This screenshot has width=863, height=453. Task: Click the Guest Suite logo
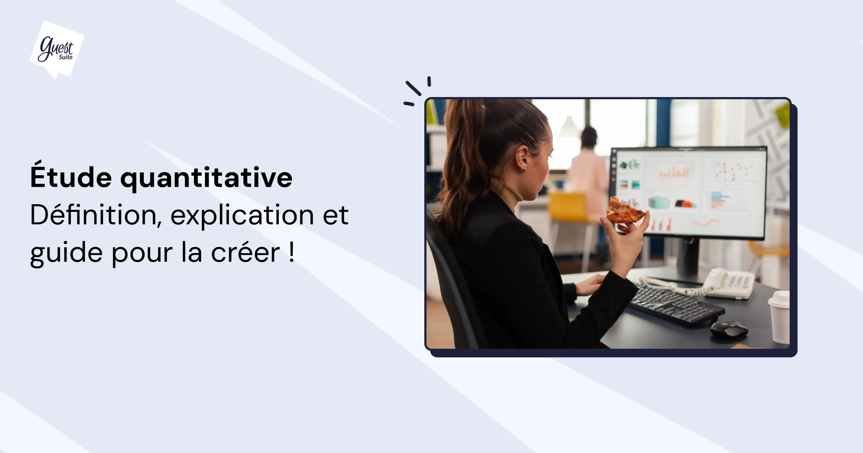click(x=57, y=49)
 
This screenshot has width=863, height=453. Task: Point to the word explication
click(x=243, y=215)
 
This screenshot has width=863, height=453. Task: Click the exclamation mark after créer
click(x=291, y=252)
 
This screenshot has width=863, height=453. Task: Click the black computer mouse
click(x=729, y=329)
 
